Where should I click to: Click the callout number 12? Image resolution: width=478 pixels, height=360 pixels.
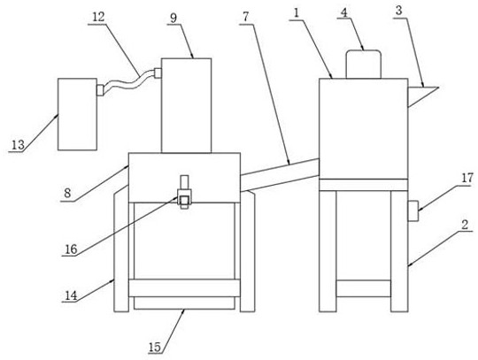pos(98,17)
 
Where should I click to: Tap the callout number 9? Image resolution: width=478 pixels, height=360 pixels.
pos(173,19)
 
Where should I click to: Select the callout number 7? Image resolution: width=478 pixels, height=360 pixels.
pos(246,17)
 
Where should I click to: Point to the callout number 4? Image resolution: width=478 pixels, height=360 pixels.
pos(344,12)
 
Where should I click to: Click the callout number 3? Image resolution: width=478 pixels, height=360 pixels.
pos(398,11)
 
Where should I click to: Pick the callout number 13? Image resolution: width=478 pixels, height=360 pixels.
pos(18,145)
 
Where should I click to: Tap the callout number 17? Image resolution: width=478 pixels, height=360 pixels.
pos(467,178)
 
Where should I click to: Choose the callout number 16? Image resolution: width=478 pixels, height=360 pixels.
pos(72,249)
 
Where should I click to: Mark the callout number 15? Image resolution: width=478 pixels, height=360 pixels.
pos(155,347)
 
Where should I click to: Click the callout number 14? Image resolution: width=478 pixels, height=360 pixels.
pos(71,295)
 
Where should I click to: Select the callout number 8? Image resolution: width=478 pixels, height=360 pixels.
pos(67,193)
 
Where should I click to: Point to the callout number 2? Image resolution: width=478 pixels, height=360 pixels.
pos(465,225)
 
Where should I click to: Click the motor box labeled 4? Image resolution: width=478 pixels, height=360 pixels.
pos(363,65)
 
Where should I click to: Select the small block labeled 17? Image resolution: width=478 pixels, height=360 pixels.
pos(413,211)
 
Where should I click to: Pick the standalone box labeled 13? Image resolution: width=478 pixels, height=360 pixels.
pos(77,114)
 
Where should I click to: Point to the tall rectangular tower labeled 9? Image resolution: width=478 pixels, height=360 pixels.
pos(186,105)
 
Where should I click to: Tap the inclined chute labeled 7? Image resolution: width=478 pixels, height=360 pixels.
pos(280,175)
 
